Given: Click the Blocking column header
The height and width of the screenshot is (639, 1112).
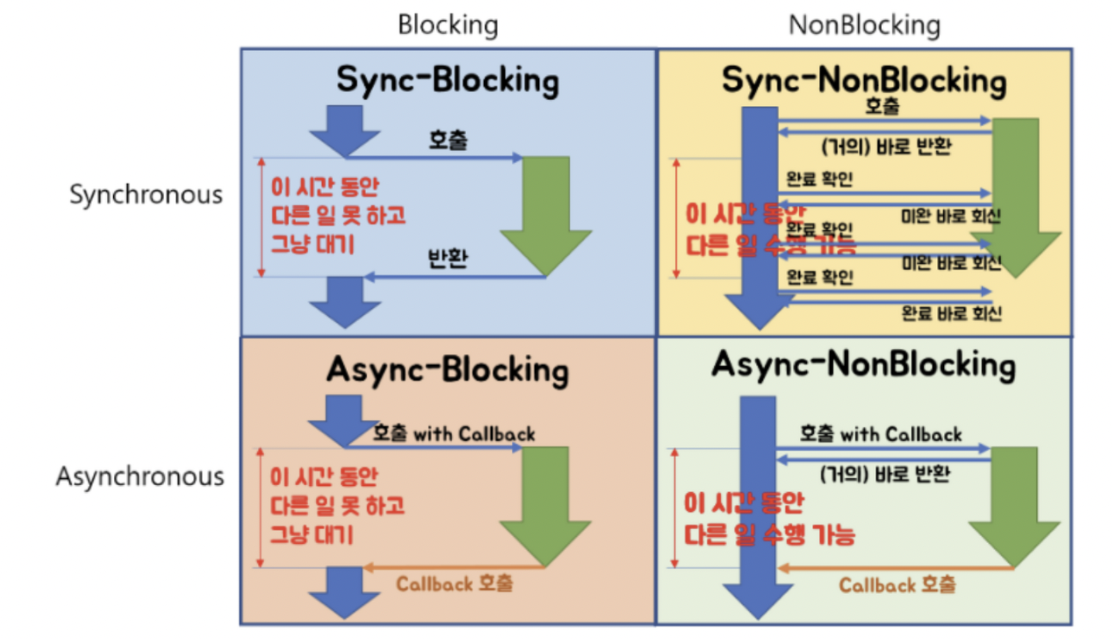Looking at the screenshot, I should (x=448, y=26).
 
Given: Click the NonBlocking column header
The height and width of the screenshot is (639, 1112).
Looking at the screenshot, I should (x=864, y=26).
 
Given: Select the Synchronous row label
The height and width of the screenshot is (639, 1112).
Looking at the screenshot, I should (x=146, y=194).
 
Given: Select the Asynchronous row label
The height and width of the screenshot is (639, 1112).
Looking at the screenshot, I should (x=139, y=476).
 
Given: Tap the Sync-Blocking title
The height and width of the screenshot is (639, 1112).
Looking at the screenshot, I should (x=448, y=81).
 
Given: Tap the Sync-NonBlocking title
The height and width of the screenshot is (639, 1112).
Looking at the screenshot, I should (x=864, y=81).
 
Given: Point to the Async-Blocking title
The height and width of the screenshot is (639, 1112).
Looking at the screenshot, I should (x=448, y=371).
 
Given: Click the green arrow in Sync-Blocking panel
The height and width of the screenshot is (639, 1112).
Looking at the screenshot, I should (x=546, y=209).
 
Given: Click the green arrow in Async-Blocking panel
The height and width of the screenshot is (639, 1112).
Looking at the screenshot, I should (x=546, y=503).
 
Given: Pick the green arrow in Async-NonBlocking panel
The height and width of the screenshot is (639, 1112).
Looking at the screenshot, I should (x=1014, y=503).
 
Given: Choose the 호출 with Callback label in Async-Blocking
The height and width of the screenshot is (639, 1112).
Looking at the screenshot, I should (x=454, y=432).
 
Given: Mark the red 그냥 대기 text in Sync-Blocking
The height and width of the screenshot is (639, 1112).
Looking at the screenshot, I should (x=312, y=244).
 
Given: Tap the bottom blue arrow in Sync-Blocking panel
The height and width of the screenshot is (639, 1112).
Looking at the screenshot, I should (x=345, y=300).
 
